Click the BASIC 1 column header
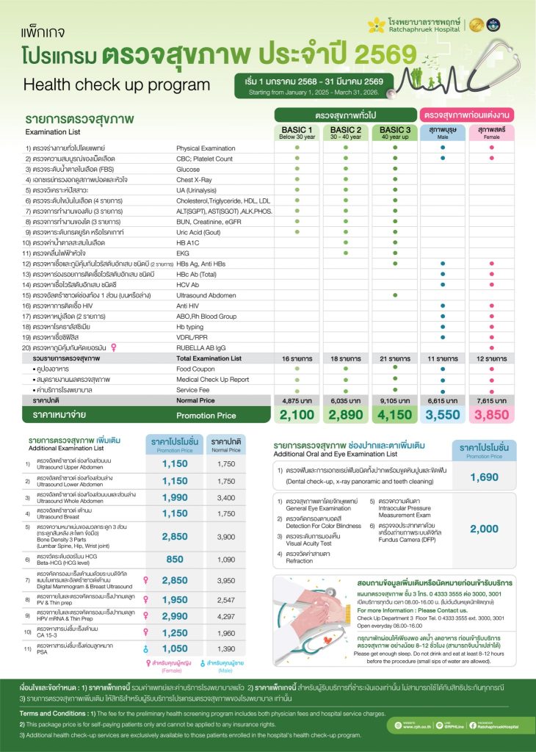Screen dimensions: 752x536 click(297, 131)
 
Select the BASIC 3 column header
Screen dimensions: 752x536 click(394, 131)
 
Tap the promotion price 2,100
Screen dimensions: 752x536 click(297, 415)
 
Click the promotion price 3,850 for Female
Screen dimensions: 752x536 click(491, 415)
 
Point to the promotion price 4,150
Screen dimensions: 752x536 click(394, 415)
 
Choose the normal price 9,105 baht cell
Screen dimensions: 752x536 click(394, 401)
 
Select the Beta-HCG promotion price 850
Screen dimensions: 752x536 click(175, 559)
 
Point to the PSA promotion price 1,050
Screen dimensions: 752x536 click(175, 649)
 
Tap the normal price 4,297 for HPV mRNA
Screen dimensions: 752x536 click(226, 615)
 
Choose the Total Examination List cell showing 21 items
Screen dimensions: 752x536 click(394, 358)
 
